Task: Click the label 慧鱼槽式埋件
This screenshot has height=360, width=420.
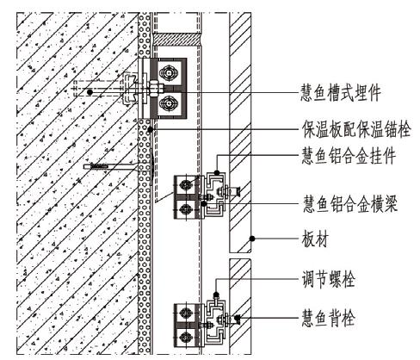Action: click(340, 93)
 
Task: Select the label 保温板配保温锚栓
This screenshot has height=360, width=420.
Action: click(356, 129)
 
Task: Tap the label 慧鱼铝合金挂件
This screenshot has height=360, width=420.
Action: click(349, 155)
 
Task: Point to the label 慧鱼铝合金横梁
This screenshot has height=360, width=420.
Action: click(350, 203)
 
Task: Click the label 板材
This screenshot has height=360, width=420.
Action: click(315, 239)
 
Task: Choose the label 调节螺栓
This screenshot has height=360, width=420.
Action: click(328, 278)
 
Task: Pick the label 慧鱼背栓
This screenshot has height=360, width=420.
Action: click(328, 318)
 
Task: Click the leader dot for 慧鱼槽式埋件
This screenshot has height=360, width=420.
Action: click(90, 92)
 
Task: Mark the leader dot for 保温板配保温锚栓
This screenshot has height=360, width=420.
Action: click(150, 129)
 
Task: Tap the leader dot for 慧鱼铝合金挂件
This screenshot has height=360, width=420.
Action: click(217, 172)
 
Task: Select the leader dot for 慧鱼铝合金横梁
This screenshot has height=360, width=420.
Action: click(204, 203)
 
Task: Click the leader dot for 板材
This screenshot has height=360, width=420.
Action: click(252, 239)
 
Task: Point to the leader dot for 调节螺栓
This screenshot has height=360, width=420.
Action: click(216, 295)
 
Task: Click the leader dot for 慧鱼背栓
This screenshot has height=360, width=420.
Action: click(238, 318)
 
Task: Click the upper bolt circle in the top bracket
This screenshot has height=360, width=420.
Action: click(169, 73)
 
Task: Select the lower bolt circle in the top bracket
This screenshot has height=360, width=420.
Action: click(169, 104)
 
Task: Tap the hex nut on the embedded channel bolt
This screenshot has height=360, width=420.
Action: click(153, 89)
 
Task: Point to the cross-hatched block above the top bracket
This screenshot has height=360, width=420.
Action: click(176, 40)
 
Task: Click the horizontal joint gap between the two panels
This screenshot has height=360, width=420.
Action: click(240, 256)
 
